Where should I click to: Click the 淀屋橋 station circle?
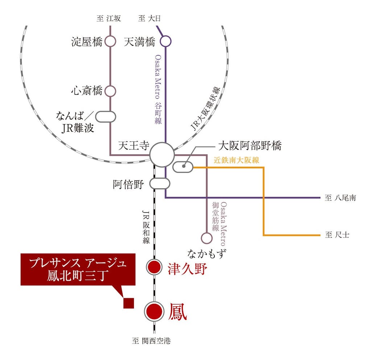[x=110, y=41]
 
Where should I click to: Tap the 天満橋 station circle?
[x=165, y=41]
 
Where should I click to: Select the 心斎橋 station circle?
[x=110, y=91]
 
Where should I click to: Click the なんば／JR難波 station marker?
[x=105, y=116]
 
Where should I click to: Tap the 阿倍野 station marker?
[x=160, y=183]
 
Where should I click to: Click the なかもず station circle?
[x=206, y=238]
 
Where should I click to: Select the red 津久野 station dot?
[x=154, y=267]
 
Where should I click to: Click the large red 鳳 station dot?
[x=154, y=311]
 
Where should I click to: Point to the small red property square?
[x=129, y=303]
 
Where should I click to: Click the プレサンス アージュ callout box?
[x=78, y=269]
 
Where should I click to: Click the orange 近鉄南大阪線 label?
[x=236, y=160]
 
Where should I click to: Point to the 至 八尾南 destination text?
[x=340, y=198]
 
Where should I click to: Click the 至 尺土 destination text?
[x=337, y=235]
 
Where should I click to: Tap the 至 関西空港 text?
[x=151, y=341]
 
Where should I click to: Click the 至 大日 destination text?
[x=149, y=19]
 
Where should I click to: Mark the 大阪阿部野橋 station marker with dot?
[x=183, y=167]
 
